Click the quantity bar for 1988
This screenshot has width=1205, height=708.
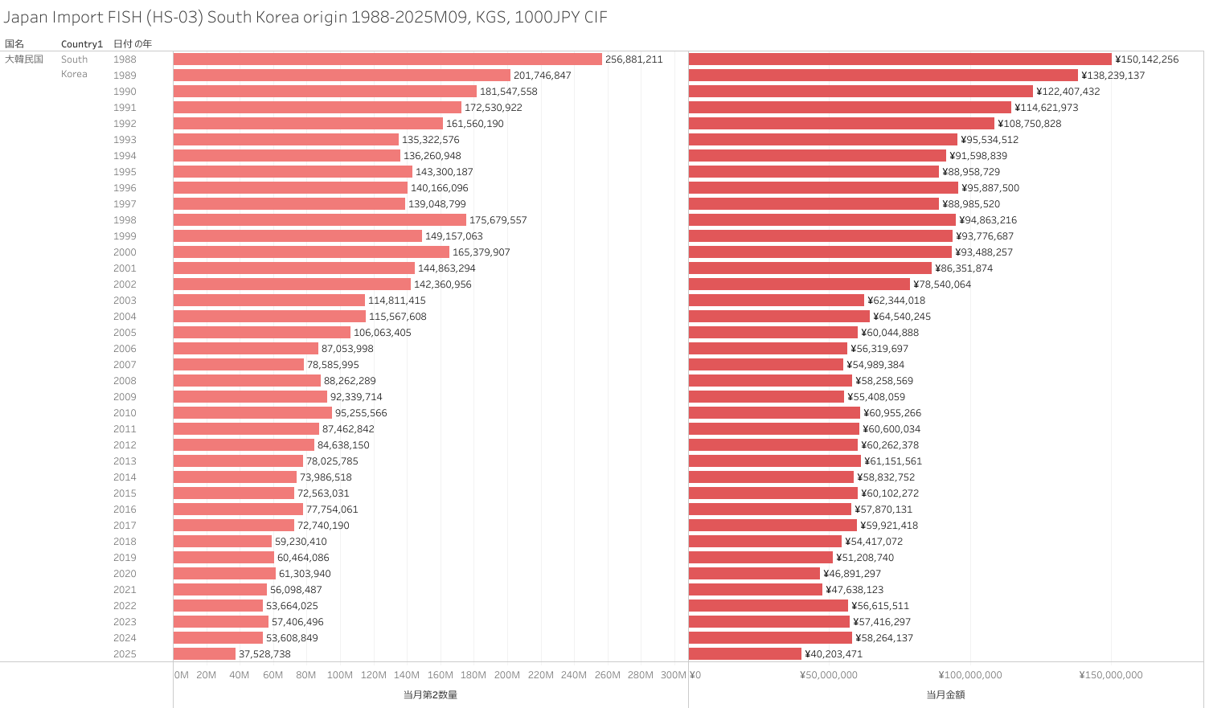click(x=387, y=59)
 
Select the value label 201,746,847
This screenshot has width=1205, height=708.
click(x=543, y=76)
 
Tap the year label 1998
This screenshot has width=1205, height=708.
click(x=125, y=220)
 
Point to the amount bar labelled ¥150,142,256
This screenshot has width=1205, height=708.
click(x=900, y=59)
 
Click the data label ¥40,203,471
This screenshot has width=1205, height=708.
click(x=834, y=654)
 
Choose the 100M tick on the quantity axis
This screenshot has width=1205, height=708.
click(x=339, y=675)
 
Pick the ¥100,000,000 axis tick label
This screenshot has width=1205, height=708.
click(x=970, y=675)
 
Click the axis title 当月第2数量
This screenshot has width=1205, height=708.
click(x=430, y=695)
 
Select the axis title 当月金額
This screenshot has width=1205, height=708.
click(x=945, y=695)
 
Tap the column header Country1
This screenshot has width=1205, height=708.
click(x=82, y=44)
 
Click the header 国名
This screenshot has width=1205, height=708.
click(x=14, y=44)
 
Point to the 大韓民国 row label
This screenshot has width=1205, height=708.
click(x=24, y=59)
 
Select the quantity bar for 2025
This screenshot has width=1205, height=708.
click(x=204, y=654)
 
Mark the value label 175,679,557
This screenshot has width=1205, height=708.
click(x=498, y=220)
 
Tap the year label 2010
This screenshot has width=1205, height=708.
click(x=125, y=413)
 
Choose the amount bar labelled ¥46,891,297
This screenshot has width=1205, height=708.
click(x=754, y=574)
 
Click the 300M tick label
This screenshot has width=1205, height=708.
click(x=673, y=675)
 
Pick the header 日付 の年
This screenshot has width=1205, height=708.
click(x=133, y=44)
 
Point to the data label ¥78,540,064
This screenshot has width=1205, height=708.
click(x=942, y=284)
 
